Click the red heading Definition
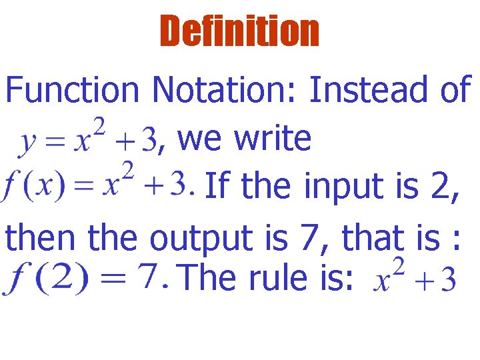[239, 31]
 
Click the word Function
[72, 90]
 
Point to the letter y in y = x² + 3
[27, 142]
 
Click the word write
[274, 139]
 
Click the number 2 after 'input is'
[444, 187]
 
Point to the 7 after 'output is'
[311, 237]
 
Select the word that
[373, 237]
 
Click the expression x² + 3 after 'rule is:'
[414, 275]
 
